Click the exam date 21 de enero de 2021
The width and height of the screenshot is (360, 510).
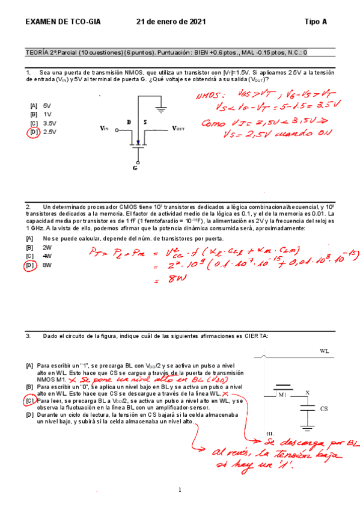tap(171, 22)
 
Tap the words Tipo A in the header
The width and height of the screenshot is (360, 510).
tap(316, 22)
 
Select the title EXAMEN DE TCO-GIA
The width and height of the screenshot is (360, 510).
tap(63, 22)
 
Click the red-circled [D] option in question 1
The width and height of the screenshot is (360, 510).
tap(34, 132)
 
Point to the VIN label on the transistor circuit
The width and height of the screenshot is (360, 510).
tap(105, 128)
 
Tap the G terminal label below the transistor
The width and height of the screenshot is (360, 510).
tap(135, 168)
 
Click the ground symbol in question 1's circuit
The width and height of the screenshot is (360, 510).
tap(160, 109)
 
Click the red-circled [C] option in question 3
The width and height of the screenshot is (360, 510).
tap(30, 400)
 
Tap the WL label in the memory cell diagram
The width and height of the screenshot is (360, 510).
tap(325, 351)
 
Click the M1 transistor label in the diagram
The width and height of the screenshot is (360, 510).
tap(282, 395)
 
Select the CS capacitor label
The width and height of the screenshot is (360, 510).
tap(323, 408)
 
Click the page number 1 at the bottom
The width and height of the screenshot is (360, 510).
tap(180, 489)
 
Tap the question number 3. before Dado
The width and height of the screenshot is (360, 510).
tap(28, 336)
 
